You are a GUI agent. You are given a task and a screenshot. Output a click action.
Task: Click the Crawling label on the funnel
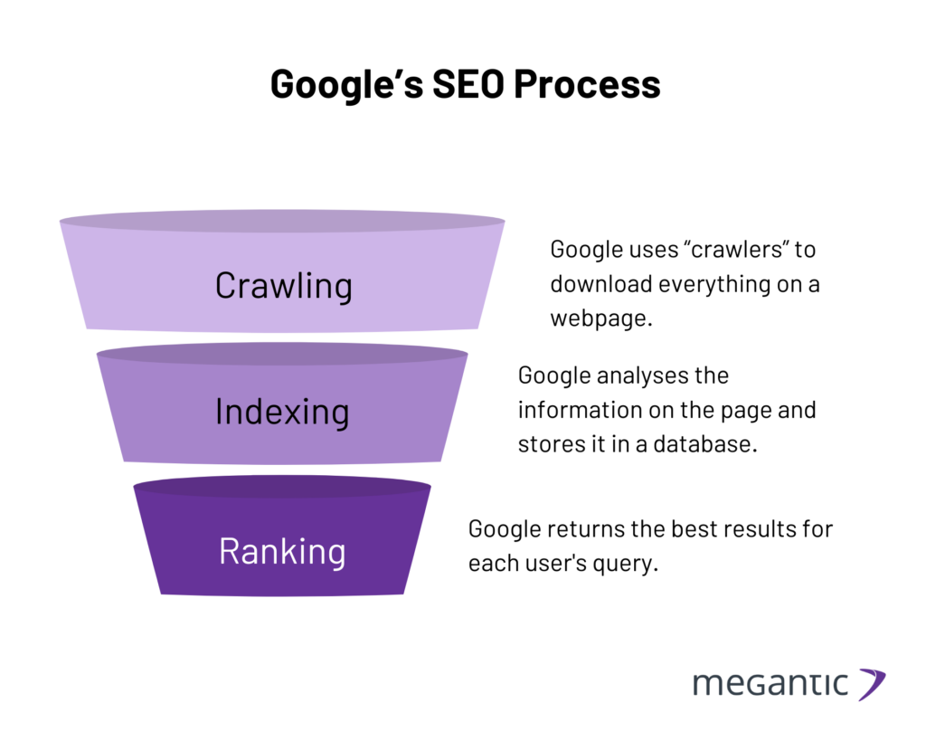pyautogui.click(x=283, y=286)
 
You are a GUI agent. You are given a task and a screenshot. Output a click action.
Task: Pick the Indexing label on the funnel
pyautogui.click(x=282, y=412)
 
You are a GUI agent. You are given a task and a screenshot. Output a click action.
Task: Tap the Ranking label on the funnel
pyautogui.click(x=282, y=551)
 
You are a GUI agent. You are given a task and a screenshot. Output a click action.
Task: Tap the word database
pyautogui.click(x=712, y=444)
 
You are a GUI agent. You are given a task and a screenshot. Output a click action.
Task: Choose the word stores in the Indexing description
pyautogui.click(x=551, y=444)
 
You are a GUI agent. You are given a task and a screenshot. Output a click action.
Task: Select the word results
pyautogui.click(x=742, y=528)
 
